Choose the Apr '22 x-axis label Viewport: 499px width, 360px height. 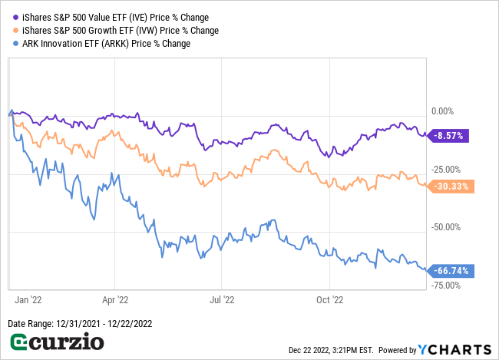click(x=114, y=299)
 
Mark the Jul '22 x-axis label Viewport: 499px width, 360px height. click(x=221, y=299)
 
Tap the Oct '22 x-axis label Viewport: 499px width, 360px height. click(x=329, y=299)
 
